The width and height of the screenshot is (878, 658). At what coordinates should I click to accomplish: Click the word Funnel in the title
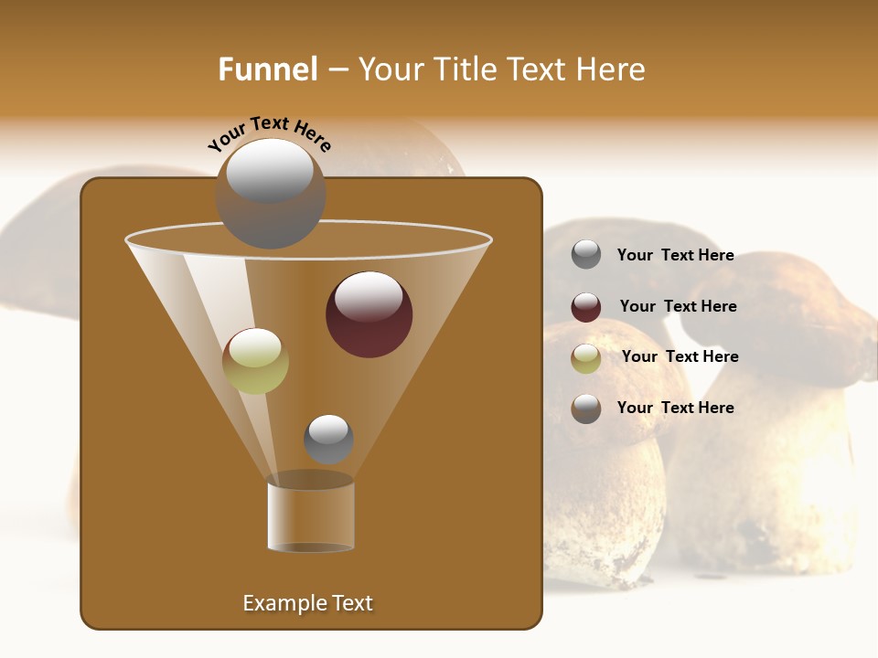(268, 69)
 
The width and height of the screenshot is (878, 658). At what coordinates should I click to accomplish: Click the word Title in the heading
(465, 69)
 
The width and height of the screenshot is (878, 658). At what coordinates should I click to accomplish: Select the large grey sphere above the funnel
(271, 194)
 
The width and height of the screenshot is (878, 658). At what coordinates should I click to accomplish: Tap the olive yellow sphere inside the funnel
(255, 362)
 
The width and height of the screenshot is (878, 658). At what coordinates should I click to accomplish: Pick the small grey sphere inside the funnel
(328, 440)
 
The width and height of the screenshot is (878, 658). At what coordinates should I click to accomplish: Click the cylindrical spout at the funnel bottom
(311, 517)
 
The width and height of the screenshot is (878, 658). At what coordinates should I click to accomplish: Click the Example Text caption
(307, 603)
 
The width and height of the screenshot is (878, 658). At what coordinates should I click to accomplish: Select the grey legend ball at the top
(586, 255)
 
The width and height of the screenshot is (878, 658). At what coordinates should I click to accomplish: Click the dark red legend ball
(586, 307)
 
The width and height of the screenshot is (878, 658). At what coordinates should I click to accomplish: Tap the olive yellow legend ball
(586, 358)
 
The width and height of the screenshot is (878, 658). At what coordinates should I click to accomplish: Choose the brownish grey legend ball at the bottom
(586, 409)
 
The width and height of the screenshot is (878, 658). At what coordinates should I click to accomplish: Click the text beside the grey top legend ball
(675, 256)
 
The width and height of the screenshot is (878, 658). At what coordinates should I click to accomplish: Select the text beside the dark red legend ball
(678, 307)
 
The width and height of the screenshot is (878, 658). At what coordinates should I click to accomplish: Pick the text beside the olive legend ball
(680, 357)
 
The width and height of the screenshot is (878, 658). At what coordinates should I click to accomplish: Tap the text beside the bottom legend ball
(675, 408)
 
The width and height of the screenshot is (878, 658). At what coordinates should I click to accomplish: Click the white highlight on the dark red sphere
(369, 296)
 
